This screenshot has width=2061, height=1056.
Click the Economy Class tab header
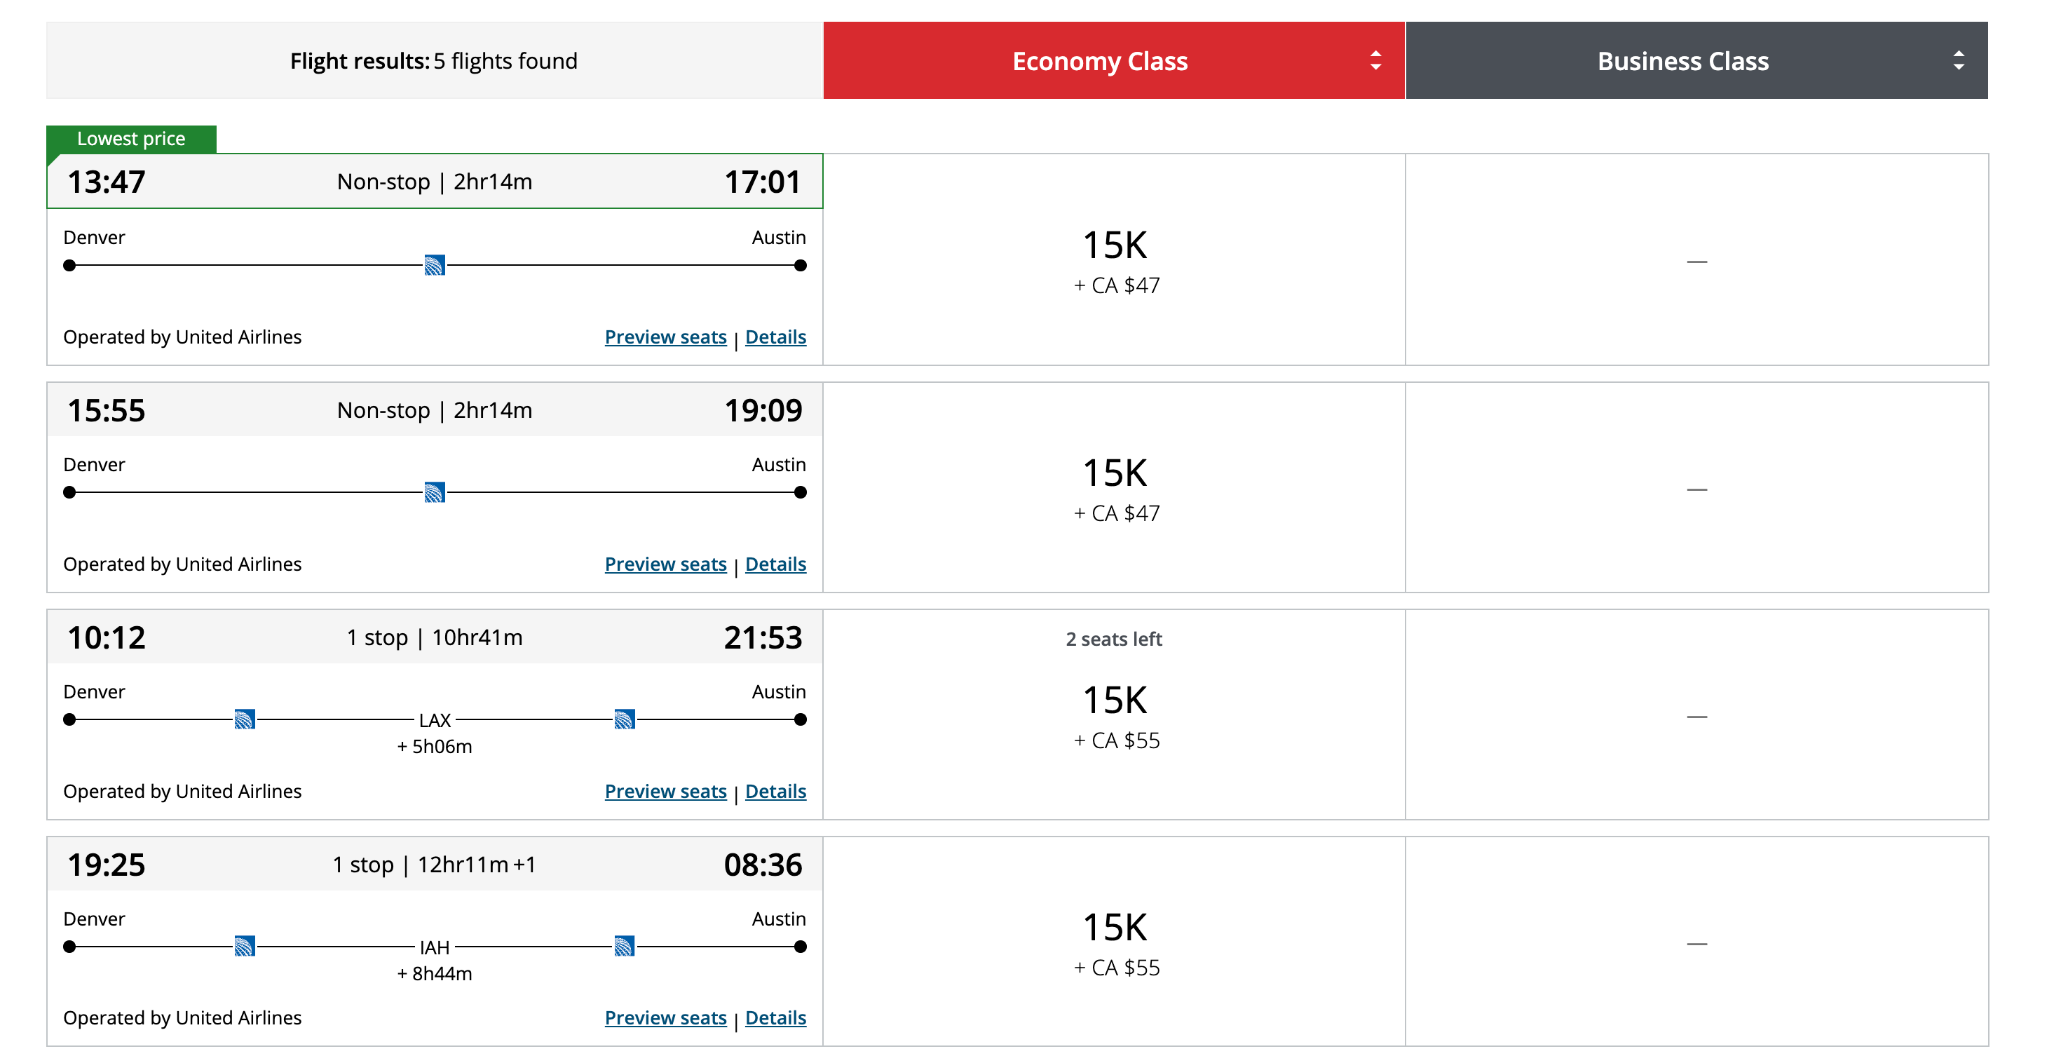point(1099,61)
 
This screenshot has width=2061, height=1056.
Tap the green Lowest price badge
point(130,138)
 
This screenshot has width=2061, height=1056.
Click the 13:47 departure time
point(107,182)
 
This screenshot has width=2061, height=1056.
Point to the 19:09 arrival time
point(763,410)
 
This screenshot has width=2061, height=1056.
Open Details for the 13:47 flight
point(775,337)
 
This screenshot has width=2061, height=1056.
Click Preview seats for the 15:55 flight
point(665,564)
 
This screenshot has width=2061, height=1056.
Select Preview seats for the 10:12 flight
point(665,791)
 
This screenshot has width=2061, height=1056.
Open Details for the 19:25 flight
point(775,1017)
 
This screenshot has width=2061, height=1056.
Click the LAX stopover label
point(435,720)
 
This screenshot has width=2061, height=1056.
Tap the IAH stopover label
point(435,947)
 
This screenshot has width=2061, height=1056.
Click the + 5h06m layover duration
point(435,746)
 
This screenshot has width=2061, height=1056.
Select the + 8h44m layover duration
point(435,973)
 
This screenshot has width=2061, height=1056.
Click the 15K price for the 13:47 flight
point(1115,245)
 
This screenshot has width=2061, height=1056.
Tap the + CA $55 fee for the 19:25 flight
point(1116,968)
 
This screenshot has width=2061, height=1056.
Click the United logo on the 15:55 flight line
point(435,492)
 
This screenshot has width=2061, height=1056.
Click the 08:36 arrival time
point(763,865)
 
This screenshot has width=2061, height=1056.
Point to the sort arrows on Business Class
point(1958,61)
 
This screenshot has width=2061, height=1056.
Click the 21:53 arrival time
point(763,637)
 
